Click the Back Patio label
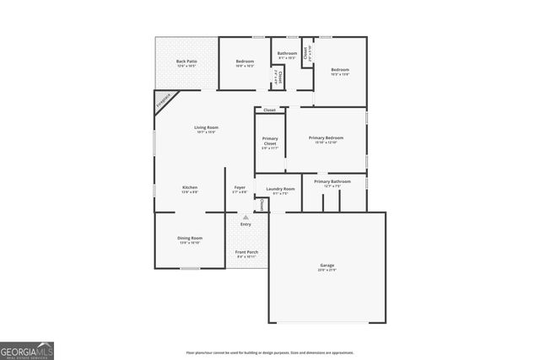(x=186, y=62)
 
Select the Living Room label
(x=206, y=129)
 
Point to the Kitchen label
(x=190, y=189)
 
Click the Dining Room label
(x=189, y=239)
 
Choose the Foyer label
(x=240, y=189)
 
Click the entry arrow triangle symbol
(x=246, y=217)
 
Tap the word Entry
(x=246, y=224)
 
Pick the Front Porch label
(x=246, y=255)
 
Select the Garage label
(x=326, y=267)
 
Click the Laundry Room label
(x=279, y=190)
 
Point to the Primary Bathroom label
(x=332, y=183)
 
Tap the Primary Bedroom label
(x=326, y=139)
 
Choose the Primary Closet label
(x=270, y=142)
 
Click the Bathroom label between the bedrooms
(x=288, y=54)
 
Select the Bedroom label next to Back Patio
(x=245, y=62)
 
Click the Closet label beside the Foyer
(x=262, y=205)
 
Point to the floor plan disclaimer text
(x=270, y=352)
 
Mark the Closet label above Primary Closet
(x=269, y=110)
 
